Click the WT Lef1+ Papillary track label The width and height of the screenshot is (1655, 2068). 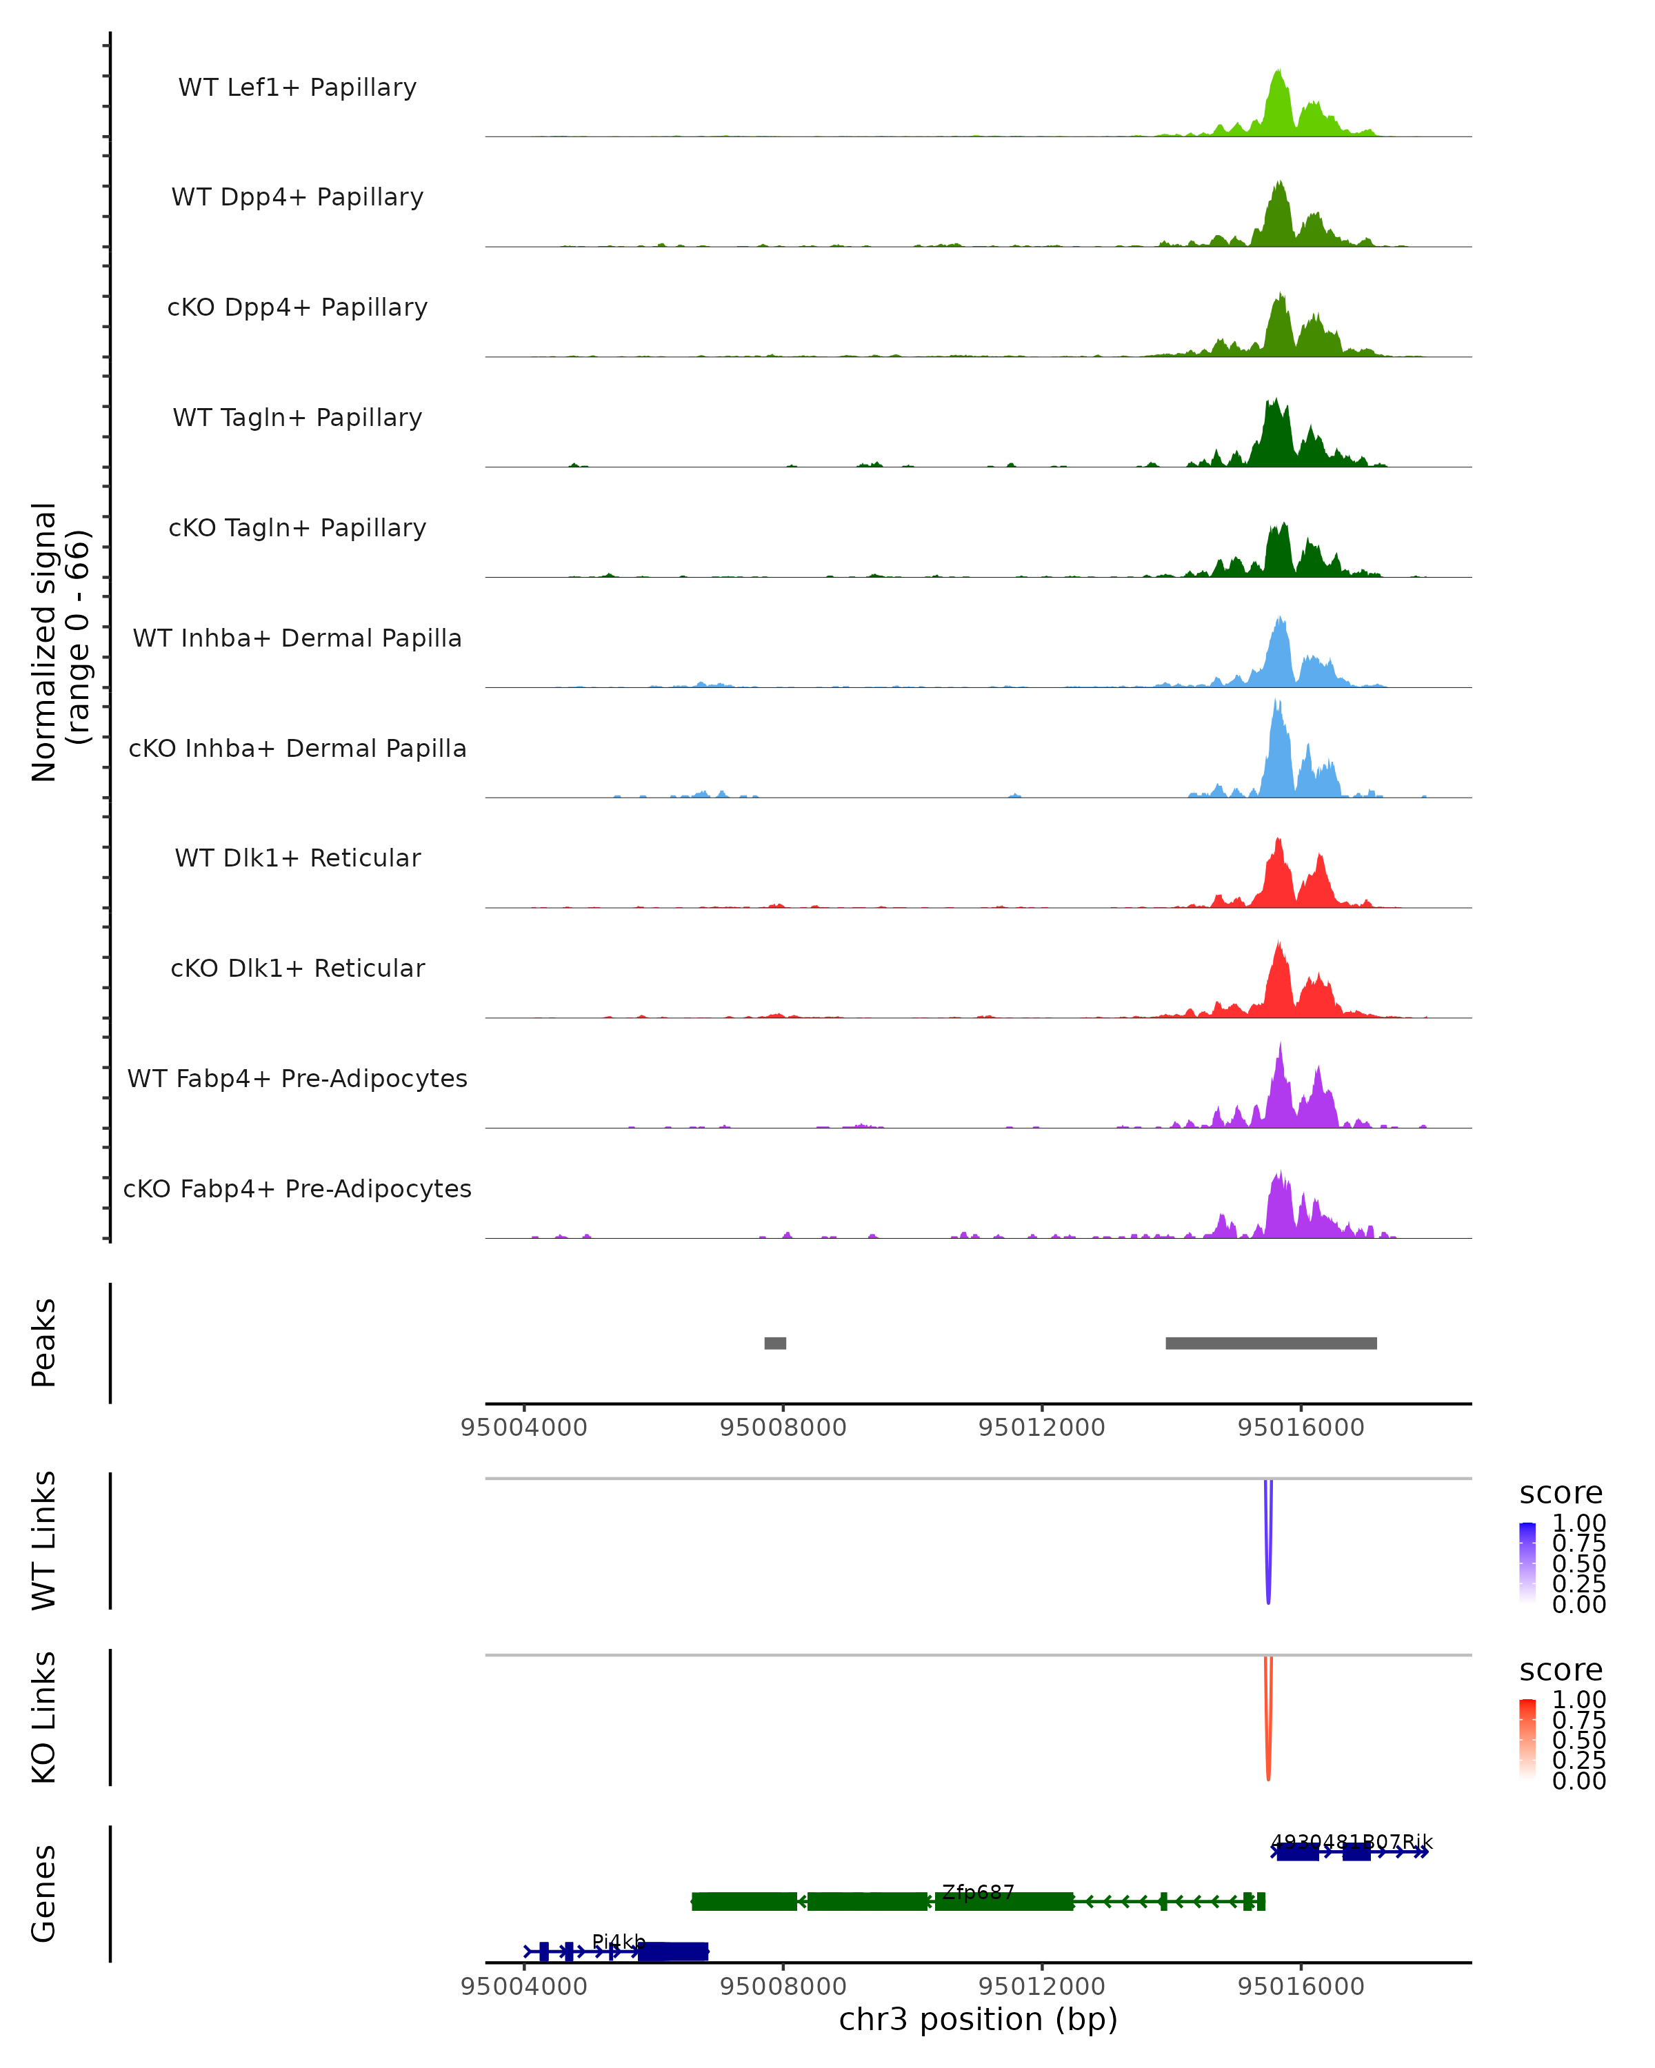297,88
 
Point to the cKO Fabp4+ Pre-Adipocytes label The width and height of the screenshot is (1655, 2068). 297,1189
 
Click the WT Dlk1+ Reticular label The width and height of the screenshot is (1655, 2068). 297,858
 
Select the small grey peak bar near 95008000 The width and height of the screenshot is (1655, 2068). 775,1343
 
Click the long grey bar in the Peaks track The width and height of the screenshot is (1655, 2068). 1271,1343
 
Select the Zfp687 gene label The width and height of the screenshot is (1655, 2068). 978,1892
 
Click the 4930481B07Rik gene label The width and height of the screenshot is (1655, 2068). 1351,1843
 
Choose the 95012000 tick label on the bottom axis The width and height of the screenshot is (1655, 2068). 1042,1987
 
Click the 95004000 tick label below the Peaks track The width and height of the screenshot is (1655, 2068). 524,1428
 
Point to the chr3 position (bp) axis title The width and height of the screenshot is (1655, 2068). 978,2020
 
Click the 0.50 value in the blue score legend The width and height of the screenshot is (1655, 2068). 1578,1563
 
